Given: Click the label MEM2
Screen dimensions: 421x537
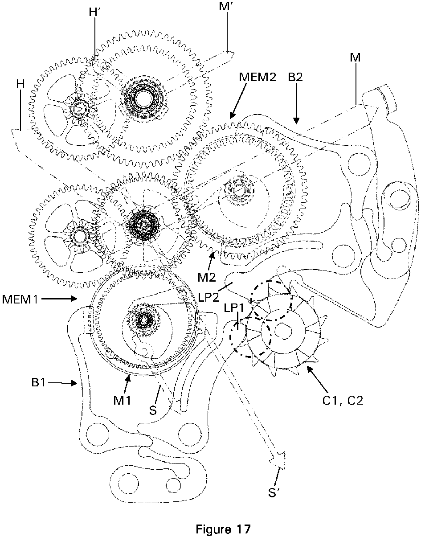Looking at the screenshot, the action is [258, 78].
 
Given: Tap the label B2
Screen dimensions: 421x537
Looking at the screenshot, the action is [295, 78].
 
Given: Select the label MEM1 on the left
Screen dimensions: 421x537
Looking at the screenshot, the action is [20, 299].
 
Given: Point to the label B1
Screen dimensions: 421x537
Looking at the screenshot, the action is [38, 383].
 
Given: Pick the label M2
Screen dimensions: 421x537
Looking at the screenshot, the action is [207, 278].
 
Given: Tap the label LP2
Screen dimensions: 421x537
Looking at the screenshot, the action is [208, 297].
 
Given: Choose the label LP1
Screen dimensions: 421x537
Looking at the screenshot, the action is [234, 308].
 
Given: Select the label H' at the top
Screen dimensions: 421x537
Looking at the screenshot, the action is [94, 13].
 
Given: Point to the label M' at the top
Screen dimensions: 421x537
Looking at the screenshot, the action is [225, 7].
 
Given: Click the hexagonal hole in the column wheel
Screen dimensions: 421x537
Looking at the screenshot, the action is [283, 330].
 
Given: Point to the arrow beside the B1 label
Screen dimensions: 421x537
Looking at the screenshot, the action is [62, 383].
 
